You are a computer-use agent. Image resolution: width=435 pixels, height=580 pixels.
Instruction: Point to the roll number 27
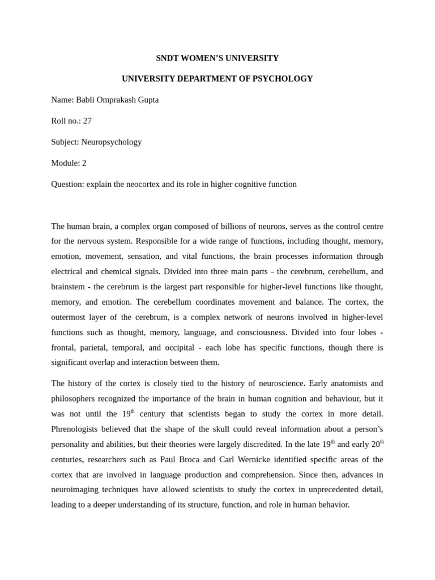[x=87, y=121]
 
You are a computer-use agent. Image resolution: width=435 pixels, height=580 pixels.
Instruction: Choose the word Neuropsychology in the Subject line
[x=111, y=142]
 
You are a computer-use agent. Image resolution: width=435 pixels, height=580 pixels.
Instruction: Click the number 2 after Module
[x=84, y=163]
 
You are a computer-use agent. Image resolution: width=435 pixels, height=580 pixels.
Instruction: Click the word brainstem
[x=70, y=287]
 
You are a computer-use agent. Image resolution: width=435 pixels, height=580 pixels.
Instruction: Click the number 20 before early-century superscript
[x=375, y=444]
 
